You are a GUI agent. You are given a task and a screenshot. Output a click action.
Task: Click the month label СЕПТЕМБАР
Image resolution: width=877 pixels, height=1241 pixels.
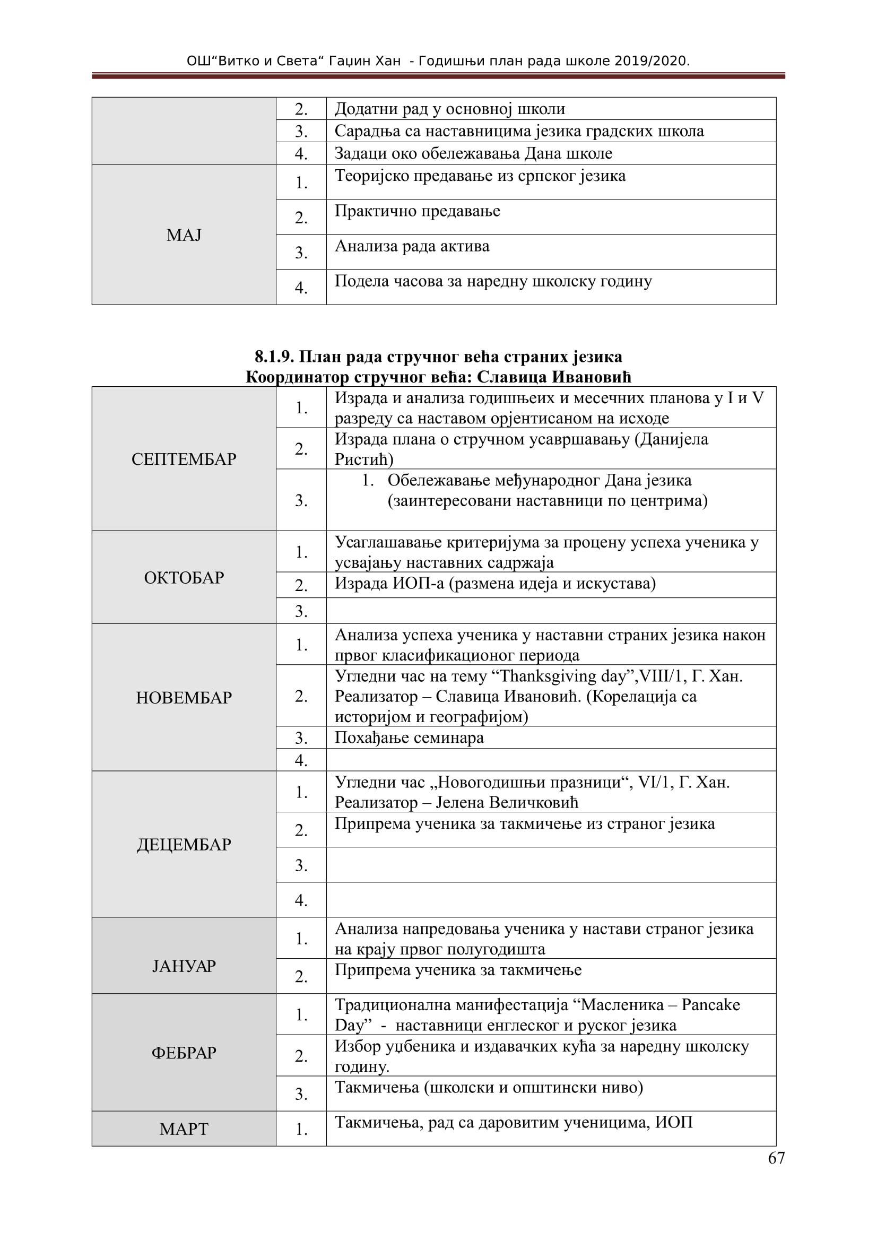pyautogui.click(x=184, y=459)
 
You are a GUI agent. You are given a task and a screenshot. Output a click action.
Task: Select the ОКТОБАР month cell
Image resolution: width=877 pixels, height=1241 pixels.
pyautogui.click(x=184, y=577)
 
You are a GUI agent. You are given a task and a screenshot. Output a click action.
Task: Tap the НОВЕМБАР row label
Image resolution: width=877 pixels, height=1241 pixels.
pyautogui.click(x=184, y=697)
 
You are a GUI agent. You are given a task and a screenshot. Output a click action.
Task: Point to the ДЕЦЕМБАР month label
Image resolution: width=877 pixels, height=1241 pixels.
pyautogui.click(x=184, y=844)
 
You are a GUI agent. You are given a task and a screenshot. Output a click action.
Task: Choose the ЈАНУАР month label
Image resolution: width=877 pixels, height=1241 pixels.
pyautogui.click(x=184, y=965)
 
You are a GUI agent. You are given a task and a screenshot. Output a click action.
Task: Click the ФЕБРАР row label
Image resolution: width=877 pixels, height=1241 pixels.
pyautogui.click(x=184, y=1052)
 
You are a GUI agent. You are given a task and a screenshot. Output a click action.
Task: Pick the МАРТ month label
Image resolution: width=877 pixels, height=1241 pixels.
pyautogui.click(x=184, y=1129)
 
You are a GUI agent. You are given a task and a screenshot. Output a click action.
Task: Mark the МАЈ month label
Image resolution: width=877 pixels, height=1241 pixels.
pyautogui.click(x=184, y=235)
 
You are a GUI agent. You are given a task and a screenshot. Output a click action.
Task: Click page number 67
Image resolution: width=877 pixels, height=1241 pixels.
pyautogui.click(x=776, y=1158)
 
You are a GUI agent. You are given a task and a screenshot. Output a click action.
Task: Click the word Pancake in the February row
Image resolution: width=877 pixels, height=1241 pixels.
pyautogui.click(x=710, y=1004)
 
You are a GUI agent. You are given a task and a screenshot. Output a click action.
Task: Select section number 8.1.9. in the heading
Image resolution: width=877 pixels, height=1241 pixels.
pyautogui.click(x=274, y=356)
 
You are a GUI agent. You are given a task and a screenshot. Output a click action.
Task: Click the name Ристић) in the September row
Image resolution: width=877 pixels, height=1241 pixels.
pyautogui.click(x=363, y=459)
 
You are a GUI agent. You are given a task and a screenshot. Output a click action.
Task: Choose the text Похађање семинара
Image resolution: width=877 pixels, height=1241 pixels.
pyautogui.click(x=409, y=737)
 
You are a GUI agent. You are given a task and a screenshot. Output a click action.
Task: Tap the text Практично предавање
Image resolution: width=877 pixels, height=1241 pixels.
pyautogui.click(x=417, y=211)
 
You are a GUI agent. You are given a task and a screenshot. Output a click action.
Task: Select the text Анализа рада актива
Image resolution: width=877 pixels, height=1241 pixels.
pyautogui.click(x=412, y=246)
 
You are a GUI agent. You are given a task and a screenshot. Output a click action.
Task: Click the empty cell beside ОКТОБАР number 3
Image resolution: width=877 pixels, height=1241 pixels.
pyautogui.click(x=551, y=611)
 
